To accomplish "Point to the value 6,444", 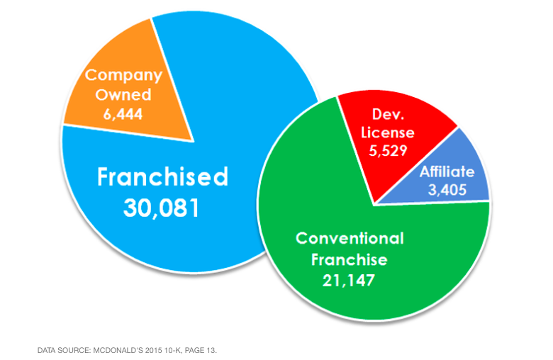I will pyautogui.click(x=123, y=112).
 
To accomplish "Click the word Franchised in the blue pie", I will pyautogui.click(x=163, y=176).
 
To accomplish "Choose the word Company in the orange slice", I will pyautogui.click(x=123, y=76).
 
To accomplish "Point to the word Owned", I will pyautogui.click(x=123, y=94).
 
